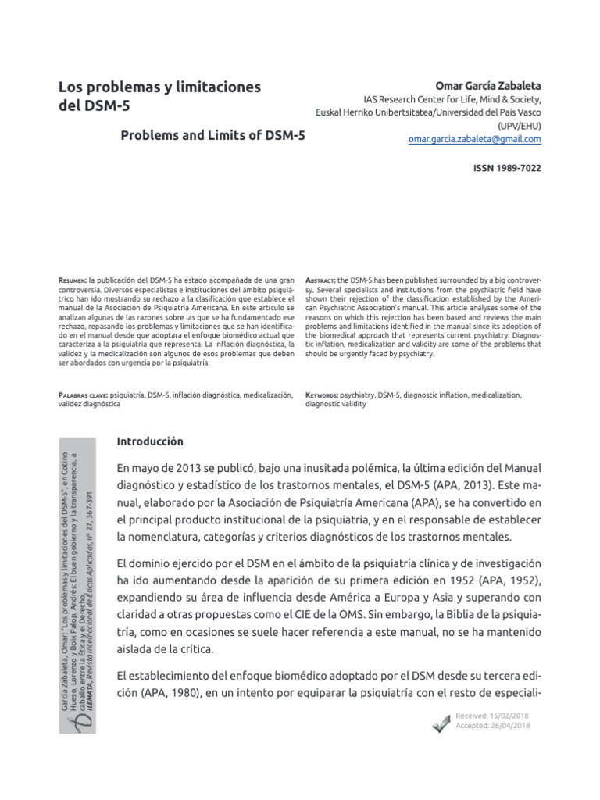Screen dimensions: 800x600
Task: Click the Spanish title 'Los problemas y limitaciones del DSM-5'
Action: click(x=160, y=96)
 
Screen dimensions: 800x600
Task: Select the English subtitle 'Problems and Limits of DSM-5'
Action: click(x=212, y=135)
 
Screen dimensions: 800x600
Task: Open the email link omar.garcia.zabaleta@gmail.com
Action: click(x=474, y=139)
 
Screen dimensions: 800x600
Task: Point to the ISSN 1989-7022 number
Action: click(x=508, y=168)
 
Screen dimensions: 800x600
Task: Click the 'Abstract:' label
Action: click(x=321, y=280)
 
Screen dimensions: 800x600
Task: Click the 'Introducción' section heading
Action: click(x=150, y=441)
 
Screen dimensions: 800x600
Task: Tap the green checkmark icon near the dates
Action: click(x=441, y=723)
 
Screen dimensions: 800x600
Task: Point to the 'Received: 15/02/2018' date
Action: click(x=492, y=716)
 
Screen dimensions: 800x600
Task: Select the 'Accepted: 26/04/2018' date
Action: click(x=492, y=727)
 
